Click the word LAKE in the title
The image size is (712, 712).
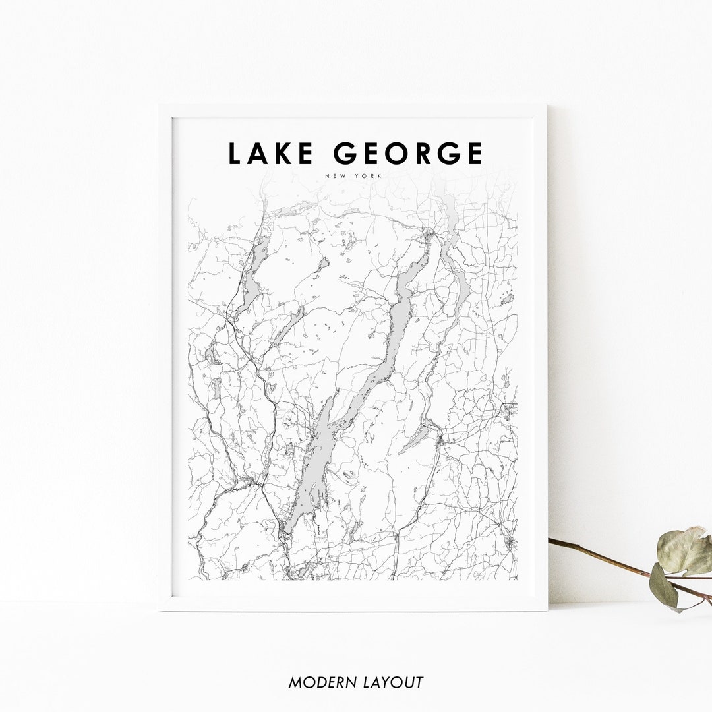(270, 154)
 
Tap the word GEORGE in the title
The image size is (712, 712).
(408, 154)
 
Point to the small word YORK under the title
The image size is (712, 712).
(371, 176)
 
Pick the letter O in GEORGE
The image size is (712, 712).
(400, 154)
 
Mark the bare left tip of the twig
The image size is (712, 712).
(551, 541)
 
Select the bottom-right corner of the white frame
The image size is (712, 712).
(547, 610)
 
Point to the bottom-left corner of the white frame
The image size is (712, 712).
(160, 610)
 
